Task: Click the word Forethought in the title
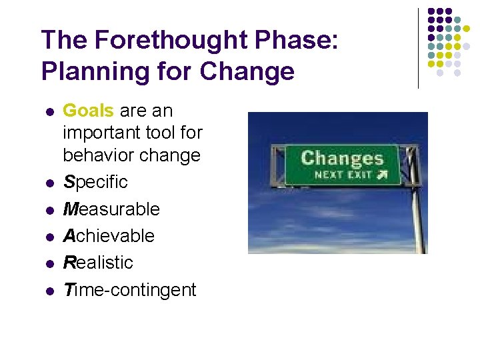pyautogui.click(x=161, y=40)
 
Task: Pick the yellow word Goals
pyautogui.click(x=88, y=110)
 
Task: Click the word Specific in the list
pyautogui.click(x=95, y=183)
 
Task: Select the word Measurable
pyautogui.click(x=111, y=209)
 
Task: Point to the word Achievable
pyautogui.click(x=109, y=236)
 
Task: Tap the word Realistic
pyautogui.click(x=98, y=263)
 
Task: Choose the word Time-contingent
pyautogui.click(x=129, y=290)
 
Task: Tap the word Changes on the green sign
pyautogui.click(x=342, y=159)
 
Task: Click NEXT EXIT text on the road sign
pyautogui.click(x=335, y=175)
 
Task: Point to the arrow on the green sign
pyautogui.click(x=381, y=175)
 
